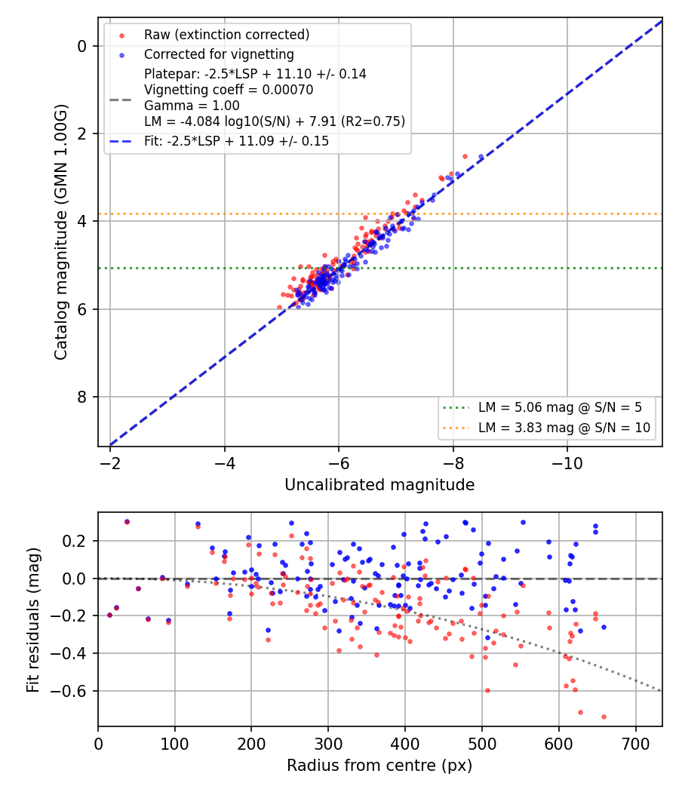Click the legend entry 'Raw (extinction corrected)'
tap(227, 35)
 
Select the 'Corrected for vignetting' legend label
tap(219, 54)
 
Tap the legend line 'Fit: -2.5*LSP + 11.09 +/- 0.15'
tap(236, 141)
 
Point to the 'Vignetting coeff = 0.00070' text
tap(229, 90)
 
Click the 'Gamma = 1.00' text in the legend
tap(192, 106)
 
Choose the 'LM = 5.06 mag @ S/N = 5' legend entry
tap(561, 407)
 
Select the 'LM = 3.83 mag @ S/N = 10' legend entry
tap(564, 428)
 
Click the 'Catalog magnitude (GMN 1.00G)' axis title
tap(61, 232)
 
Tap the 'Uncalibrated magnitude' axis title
tap(379, 485)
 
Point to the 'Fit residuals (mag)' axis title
tap(33, 620)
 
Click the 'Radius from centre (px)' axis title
tap(379, 766)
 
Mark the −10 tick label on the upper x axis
tap(567, 463)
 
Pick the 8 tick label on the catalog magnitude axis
tap(81, 397)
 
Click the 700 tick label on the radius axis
tap(635, 744)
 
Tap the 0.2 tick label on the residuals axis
tap(74, 541)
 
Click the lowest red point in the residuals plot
tap(604, 717)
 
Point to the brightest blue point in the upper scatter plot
tap(481, 157)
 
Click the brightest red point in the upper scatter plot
tap(465, 157)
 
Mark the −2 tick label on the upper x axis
tap(110, 463)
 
